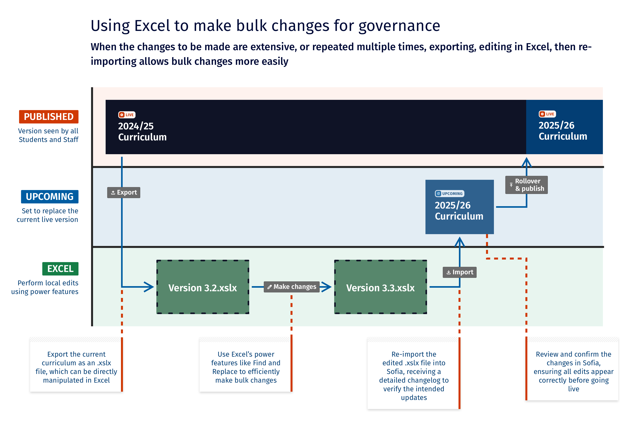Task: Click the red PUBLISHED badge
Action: point(49,117)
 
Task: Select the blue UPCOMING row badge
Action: point(50,197)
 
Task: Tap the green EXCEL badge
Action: point(60,269)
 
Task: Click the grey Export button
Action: point(124,192)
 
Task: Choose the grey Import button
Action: point(459,272)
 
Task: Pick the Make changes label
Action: point(292,287)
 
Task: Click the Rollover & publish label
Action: point(526,185)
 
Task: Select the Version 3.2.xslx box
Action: point(203,287)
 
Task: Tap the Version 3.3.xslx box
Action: point(380,287)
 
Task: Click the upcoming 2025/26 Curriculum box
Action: point(459,207)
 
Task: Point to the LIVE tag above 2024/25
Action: point(127,115)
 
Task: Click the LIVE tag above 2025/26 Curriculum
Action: point(547,114)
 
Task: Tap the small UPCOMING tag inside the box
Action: point(449,194)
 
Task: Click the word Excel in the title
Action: point(152,26)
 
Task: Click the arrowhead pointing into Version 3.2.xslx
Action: point(149,287)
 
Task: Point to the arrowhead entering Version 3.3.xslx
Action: point(326,287)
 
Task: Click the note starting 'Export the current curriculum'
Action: point(76,367)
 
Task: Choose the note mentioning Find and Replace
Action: point(246,367)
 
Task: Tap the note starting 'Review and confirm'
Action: point(573,371)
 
